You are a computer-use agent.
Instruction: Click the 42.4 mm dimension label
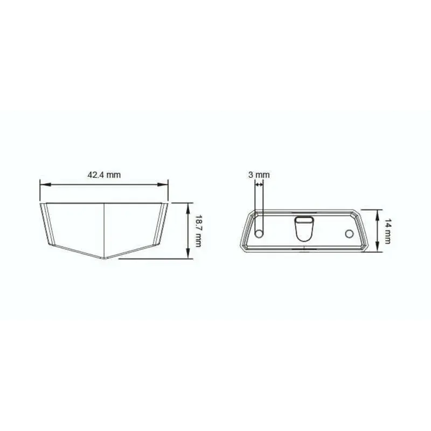click(x=104, y=175)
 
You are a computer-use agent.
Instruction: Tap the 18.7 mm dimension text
click(x=198, y=231)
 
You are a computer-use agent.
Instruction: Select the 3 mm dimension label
click(x=259, y=175)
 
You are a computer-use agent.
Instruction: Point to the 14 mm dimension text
click(x=387, y=231)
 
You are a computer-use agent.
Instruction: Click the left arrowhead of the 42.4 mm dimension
click(x=45, y=185)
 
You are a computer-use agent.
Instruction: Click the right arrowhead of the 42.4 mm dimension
click(x=163, y=185)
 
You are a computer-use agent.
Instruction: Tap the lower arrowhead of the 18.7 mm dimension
click(x=188, y=253)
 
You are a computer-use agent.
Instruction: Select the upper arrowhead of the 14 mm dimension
click(x=378, y=214)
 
